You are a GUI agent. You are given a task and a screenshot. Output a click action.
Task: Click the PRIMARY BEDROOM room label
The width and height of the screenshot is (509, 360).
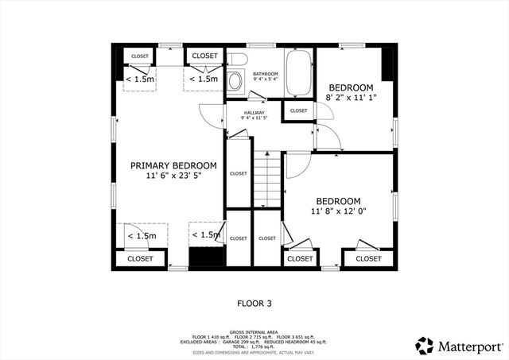173,165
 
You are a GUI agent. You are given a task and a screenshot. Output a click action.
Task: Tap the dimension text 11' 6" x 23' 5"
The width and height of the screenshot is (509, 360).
173,176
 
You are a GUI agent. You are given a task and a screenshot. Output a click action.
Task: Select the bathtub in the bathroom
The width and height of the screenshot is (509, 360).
298,74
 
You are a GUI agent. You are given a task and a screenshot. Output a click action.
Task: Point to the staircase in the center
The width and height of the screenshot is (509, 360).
267,180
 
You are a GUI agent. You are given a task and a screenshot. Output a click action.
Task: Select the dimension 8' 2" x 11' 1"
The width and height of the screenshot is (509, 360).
351,97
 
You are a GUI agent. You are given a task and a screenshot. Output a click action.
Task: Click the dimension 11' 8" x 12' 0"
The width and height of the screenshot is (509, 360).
338,211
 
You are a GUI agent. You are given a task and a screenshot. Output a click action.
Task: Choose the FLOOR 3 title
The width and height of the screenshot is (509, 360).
254,303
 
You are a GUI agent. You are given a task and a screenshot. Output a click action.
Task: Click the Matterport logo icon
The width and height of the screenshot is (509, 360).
425,346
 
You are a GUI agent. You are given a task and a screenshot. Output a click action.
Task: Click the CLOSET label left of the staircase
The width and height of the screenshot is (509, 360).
238,173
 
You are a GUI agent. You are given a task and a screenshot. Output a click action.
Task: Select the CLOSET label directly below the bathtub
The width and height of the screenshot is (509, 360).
299,110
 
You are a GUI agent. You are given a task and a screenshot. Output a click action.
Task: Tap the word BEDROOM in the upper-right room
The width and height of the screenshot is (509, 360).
350,87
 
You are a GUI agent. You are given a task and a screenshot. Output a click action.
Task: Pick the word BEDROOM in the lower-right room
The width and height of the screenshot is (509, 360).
338,201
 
